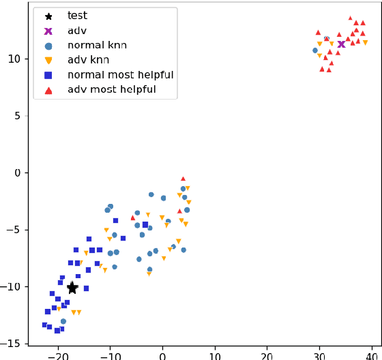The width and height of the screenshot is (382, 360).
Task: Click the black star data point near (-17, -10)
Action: (72, 288)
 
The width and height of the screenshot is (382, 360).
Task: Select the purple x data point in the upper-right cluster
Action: (341, 44)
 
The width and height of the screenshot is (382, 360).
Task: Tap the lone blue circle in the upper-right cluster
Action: (315, 50)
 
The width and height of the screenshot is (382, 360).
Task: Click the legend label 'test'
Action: (77, 16)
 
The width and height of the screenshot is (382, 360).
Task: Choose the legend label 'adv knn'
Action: (87, 60)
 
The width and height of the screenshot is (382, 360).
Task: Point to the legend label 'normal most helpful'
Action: (120, 75)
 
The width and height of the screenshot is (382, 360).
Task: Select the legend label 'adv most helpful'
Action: (112, 90)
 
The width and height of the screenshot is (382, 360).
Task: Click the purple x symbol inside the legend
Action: (48, 31)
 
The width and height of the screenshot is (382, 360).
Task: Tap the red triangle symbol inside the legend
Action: (48, 90)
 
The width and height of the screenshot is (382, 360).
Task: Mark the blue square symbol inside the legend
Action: (48, 75)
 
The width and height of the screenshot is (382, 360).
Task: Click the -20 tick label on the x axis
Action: (58, 355)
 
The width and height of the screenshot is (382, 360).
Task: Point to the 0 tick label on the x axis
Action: (162, 355)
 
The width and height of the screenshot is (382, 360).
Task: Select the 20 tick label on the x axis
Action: (267, 355)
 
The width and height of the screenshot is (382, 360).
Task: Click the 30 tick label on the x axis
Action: (319, 355)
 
